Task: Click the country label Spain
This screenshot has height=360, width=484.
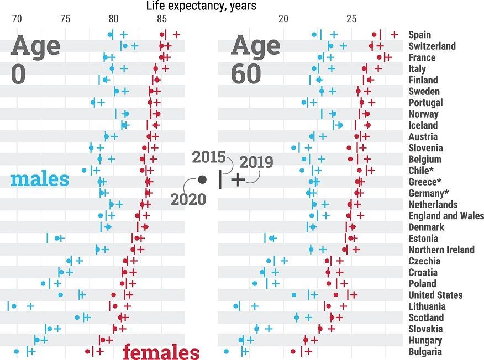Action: (x=419, y=35)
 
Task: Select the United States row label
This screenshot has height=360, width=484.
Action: (x=435, y=295)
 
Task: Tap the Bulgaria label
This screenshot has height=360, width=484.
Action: (x=425, y=352)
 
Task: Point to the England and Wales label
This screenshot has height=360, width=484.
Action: (x=446, y=216)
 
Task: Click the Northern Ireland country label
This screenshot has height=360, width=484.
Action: (x=441, y=250)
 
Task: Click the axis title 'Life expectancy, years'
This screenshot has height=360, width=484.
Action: (x=201, y=6)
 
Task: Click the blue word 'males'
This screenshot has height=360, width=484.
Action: (x=40, y=179)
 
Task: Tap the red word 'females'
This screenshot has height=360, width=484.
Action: (x=161, y=352)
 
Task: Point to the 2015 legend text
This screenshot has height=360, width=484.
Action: (x=209, y=157)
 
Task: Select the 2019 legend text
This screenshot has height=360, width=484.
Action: (x=256, y=162)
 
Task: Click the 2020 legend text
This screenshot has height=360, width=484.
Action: (x=188, y=199)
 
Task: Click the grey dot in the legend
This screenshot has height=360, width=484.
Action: (x=202, y=179)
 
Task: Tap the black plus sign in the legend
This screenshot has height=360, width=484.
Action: (x=237, y=179)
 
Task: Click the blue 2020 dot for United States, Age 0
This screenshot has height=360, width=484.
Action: (x=60, y=295)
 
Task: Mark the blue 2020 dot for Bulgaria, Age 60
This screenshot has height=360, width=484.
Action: (x=226, y=351)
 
